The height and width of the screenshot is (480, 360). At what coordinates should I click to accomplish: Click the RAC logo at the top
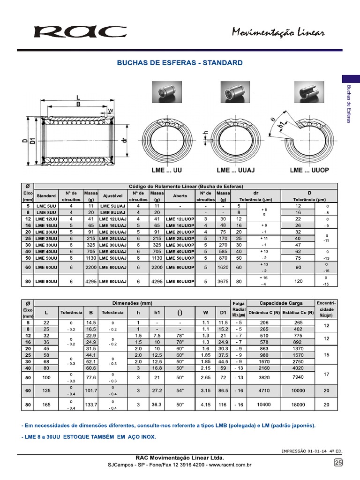pos(80,32)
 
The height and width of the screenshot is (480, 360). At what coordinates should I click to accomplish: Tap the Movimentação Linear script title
pos(278,32)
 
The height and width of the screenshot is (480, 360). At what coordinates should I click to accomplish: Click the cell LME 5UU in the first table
pos(46,206)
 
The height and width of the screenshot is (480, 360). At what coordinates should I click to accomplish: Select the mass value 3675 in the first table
pos(224,282)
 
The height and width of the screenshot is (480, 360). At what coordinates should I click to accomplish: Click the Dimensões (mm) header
pos(136,303)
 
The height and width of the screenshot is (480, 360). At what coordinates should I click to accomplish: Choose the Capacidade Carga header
pos(281,303)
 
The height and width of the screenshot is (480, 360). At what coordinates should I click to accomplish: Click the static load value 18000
pos(299,405)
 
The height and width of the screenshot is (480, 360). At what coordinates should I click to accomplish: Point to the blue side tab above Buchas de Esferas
pos(351,79)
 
